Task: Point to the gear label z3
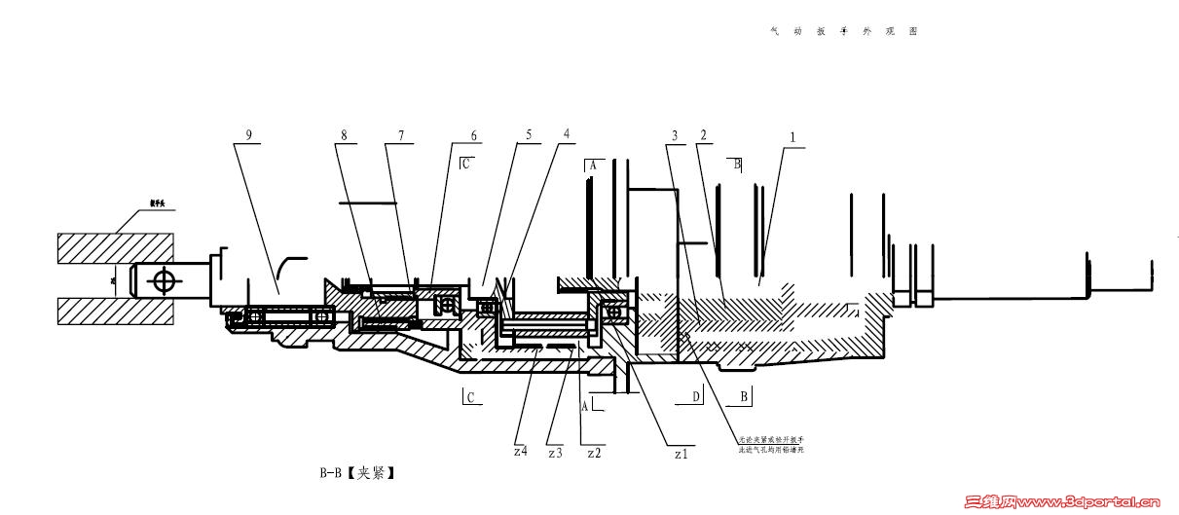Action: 555,453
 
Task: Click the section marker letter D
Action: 695,396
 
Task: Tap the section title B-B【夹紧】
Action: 357,474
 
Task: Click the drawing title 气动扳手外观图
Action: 843,31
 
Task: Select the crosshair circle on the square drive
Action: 162,281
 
